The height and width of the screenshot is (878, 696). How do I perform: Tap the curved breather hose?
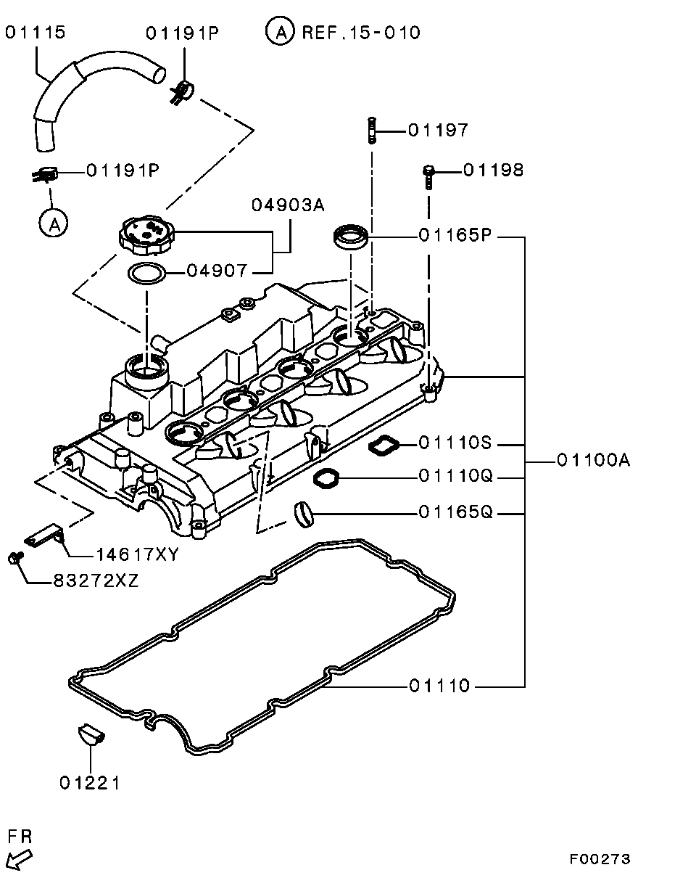80,87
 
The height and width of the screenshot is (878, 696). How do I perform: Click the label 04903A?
288,205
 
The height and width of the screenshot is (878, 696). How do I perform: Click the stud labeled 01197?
372,131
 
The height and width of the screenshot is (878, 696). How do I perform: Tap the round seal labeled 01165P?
351,236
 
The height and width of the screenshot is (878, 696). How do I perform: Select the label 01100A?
593,460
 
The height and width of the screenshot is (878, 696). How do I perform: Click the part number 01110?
439,686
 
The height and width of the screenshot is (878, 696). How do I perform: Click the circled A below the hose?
53,223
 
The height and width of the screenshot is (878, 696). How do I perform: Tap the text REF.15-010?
360,33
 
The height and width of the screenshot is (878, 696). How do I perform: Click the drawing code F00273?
600,859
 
